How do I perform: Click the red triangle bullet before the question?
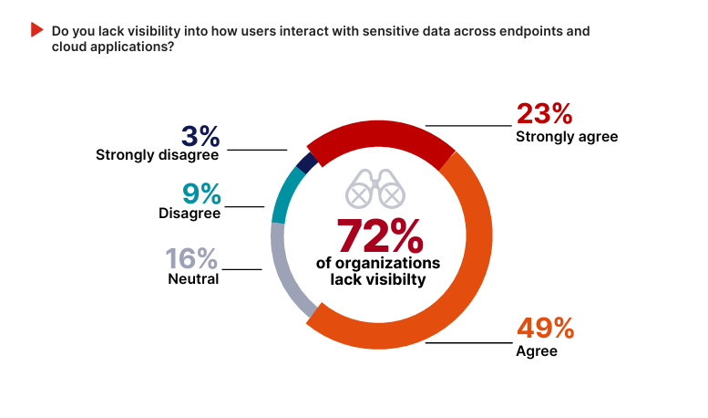[x=37, y=30]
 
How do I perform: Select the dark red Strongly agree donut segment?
[x=378, y=136]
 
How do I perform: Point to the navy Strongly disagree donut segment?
[x=307, y=162]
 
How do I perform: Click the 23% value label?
[x=544, y=114]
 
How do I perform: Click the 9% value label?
[x=200, y=193]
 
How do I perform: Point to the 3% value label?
[x=200, y=136]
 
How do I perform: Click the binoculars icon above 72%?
[x=375, y=189]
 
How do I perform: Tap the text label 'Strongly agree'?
[x=567, y=137]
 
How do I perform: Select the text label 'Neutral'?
[x=193, y=279]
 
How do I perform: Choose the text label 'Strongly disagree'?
[x=158, y=155]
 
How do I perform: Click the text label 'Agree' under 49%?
[x=536, y=350]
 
